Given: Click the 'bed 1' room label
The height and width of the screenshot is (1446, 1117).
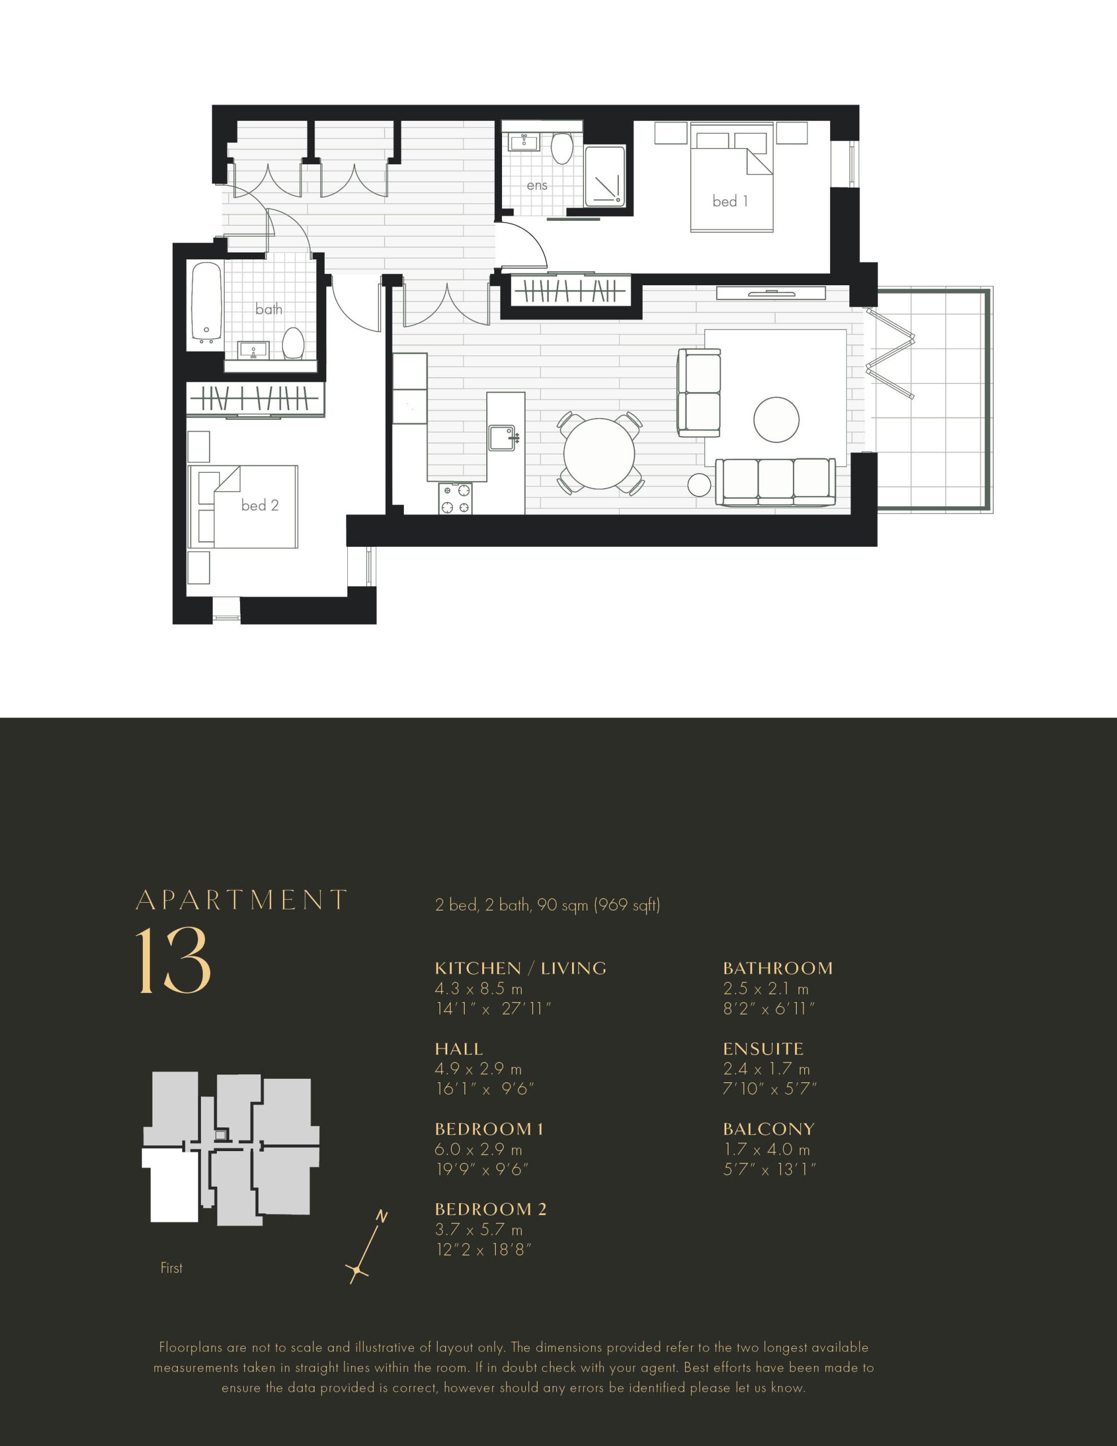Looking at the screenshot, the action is coord(730,201).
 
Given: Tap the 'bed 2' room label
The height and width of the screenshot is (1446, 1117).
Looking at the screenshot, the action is coord(260,505).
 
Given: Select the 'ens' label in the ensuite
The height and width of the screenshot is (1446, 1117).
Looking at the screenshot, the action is coord(537,186).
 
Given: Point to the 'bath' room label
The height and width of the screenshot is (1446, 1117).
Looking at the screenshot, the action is coord(269,309).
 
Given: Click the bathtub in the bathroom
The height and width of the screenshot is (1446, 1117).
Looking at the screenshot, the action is coord(206,303).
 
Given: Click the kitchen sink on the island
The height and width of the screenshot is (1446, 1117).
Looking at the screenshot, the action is coord(502,438).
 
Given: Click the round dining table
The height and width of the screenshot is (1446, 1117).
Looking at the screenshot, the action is coord(599,454).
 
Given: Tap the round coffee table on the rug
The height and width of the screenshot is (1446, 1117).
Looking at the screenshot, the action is coord(776,420).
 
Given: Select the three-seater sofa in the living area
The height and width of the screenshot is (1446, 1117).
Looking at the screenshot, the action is coord(775,482).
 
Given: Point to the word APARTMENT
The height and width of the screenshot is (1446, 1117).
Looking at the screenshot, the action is coord(242,900).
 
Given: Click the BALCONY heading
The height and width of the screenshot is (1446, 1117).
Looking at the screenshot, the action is coord(769,1129).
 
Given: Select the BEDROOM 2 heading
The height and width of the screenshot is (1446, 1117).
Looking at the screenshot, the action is coord(491,1209).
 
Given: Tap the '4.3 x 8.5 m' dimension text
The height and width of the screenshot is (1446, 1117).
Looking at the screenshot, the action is coord(479,988).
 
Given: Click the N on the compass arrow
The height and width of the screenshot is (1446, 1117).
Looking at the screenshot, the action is coord(381,1216).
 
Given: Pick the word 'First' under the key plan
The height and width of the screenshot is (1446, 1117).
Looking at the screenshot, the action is coord(172,1268).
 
